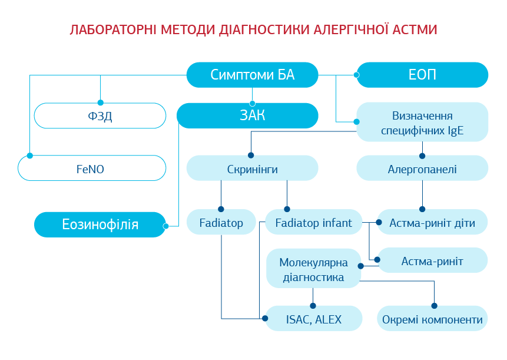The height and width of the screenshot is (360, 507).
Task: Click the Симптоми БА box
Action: [252, 75]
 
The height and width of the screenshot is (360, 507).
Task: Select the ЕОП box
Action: [422, 75]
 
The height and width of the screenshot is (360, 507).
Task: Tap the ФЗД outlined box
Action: [100, 115]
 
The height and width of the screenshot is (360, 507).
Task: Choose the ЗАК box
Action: [247, 115]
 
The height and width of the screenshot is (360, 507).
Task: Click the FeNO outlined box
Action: [92, 168]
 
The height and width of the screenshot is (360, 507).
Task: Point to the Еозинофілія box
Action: [100, 224]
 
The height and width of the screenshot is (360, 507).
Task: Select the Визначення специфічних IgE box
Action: [422, 122]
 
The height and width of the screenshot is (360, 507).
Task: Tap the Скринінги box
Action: [252, 169]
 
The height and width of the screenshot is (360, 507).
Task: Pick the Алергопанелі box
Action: [422, 169]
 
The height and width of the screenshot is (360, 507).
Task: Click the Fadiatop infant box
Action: [313, 223]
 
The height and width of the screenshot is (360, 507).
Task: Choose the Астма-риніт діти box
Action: [432, 223]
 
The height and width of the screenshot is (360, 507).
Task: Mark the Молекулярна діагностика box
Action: [313, 269]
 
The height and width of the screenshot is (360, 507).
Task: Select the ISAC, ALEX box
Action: [313, 319]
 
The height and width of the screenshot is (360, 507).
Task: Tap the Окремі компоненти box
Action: [432, 319]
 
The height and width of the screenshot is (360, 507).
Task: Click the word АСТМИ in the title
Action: [416, 29]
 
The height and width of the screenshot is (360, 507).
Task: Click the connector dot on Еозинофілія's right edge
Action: [166, 226]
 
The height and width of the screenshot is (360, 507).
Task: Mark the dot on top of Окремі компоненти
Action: [435, 306]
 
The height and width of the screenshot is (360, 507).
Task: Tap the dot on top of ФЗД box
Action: [100, 103]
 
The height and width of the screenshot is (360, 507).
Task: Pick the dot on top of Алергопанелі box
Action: [422, 156]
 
